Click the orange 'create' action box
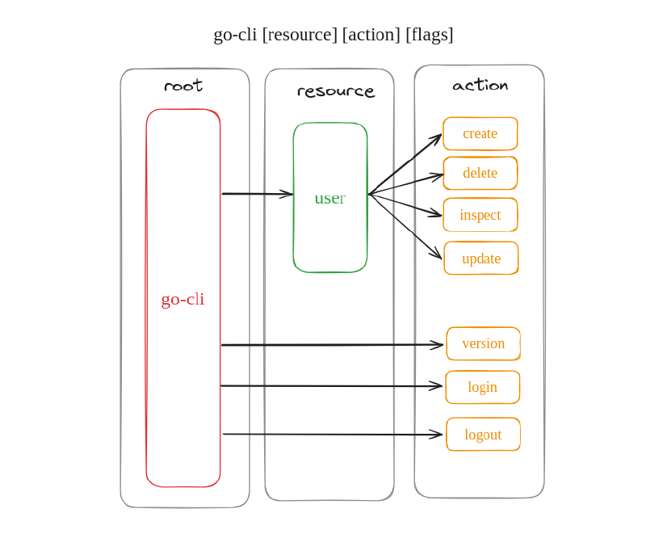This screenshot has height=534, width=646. click(480, 133)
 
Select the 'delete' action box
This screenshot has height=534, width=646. click(480, 173)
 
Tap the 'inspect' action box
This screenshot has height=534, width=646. click(480, 215)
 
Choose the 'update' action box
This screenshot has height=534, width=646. click(480, 259)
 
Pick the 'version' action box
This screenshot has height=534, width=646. click(483, 343)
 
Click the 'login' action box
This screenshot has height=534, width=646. click(482, 387)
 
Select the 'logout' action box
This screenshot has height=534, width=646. click(483, 434)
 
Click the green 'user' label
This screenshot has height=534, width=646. click(329, 198)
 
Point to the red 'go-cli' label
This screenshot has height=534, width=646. click(182, 299)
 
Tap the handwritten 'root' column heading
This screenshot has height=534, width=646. click(183, 86)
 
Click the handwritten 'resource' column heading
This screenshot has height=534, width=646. click(336, 91)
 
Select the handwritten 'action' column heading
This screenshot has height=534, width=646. click(480, 86)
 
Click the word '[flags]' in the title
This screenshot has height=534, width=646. click(429, 35)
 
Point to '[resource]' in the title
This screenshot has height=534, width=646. click(300, 35)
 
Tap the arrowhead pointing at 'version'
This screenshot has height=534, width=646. click(438, 345)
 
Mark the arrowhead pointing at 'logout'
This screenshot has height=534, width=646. click(438, 435)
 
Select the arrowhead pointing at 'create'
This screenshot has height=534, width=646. click(438, 138)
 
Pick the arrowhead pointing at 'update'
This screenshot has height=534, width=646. click(437, 255)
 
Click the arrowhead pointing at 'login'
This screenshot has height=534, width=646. click(438, 386)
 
